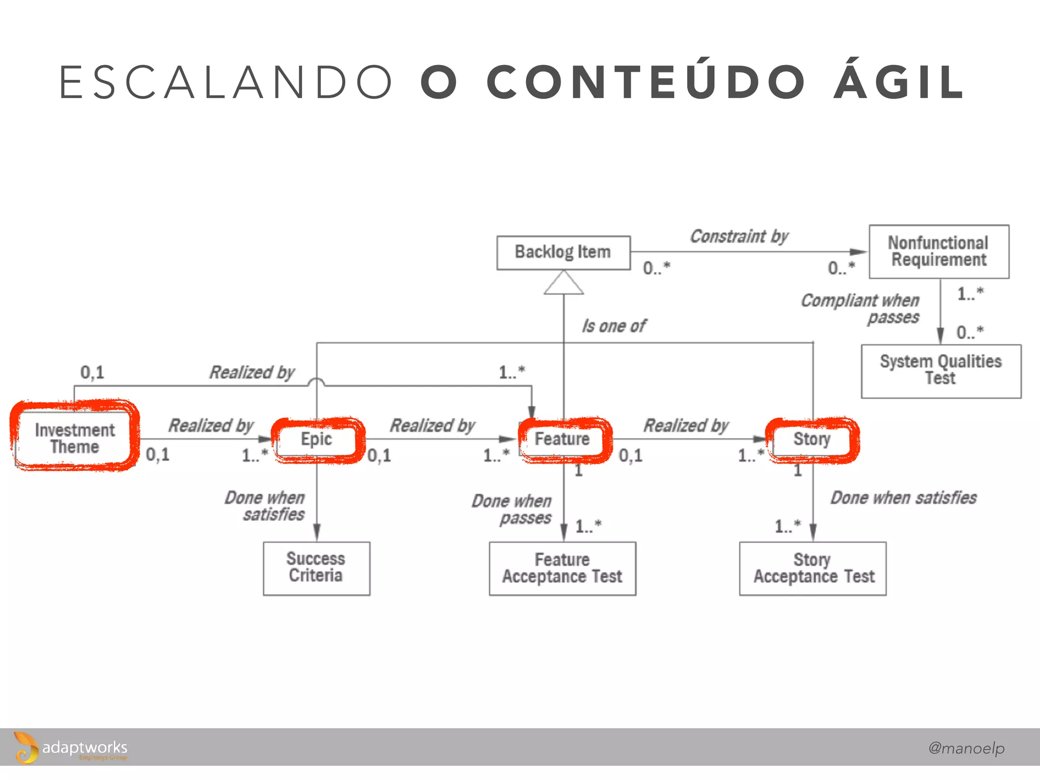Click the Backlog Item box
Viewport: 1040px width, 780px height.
tap(563, 252)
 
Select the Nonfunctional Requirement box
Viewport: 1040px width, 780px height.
tap(938, 251)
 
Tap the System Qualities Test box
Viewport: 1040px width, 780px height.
tap(940, 371)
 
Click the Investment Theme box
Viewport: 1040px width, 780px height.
tap(75, 438)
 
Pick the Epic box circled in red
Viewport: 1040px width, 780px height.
tap(317, 439)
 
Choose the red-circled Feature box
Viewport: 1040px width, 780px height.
tap(563, 439)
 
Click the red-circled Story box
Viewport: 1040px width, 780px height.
tap(811, 439)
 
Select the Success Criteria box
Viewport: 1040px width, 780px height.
tap(316, 568)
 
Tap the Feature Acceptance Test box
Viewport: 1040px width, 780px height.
tap(562, 568)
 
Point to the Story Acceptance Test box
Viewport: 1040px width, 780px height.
tap(813, 568)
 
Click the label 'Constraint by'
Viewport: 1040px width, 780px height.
tap(739, 237)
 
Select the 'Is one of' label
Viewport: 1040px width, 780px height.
tap(613, 326)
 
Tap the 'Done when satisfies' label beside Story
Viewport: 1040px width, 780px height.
tap(903, 498)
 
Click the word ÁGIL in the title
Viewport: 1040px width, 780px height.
tap(899, 82)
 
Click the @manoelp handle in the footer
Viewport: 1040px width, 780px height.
tap(966, 747)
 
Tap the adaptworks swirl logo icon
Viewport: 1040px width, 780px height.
tap(25, 747)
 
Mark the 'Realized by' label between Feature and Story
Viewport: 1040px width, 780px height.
tap(686, 426)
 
